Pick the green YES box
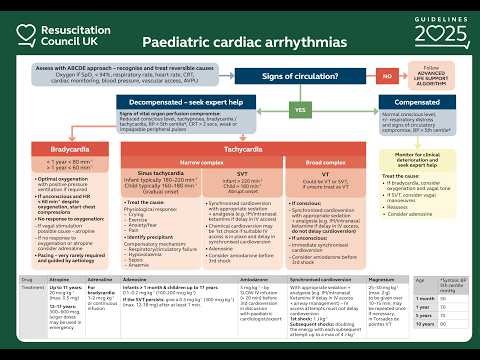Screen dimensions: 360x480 299,108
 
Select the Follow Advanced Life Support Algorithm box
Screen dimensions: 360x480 431,77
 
